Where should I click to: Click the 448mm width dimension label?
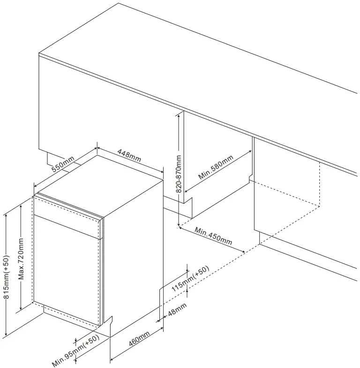pyautogui.click(x=129, y=155)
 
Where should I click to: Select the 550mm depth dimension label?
pyautogui.click(x=63, y=164)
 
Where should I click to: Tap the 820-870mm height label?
pyautogui.click(x=179, y=174)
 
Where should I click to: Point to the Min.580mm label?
pyautogui.click(x=216, y=167)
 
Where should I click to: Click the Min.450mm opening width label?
pyautogui.click(x=213, y=236)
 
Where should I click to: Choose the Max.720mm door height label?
pyautogui.click(x=22, y=259)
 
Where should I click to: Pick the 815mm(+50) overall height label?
pyautogui.click(x=7, y=277)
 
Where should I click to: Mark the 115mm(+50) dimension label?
pyautogui.click(x=190, y=279)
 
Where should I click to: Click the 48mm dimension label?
pyautogui.click(x=177, y=309)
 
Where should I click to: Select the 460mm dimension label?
pyautogui.click(x=139, y=339)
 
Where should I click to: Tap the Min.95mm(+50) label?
pyautogui.click(x=75, y=351)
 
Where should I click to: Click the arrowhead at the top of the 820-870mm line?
pyautogui.click(x=179, y=114)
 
